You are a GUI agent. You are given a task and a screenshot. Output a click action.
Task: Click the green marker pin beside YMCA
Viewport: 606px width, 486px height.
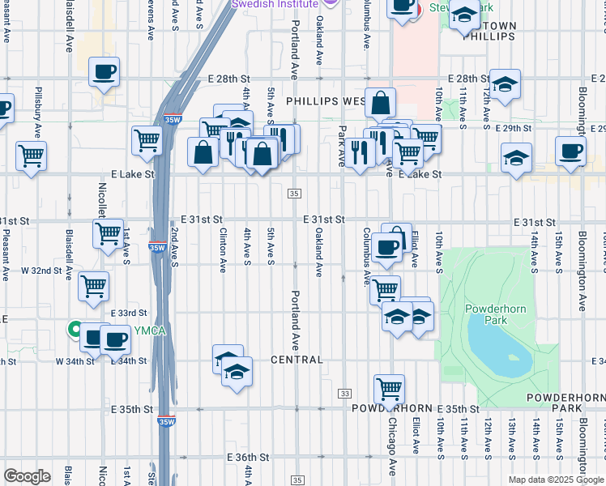coord(74,330)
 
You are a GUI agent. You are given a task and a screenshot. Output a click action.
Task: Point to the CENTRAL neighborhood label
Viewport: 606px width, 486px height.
coord(297,360)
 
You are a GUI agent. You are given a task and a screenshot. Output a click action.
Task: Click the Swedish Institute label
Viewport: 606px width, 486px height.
coord(275,4)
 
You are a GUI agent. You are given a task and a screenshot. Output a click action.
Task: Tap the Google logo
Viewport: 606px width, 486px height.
coord(27,476)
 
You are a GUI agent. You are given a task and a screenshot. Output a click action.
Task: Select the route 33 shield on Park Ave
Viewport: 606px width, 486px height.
coord(344,393)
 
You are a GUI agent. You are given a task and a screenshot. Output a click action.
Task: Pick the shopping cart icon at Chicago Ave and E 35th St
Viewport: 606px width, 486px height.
coord(390,387)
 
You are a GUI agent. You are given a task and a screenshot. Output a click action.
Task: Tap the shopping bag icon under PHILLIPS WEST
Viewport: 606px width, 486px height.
coord(380,103)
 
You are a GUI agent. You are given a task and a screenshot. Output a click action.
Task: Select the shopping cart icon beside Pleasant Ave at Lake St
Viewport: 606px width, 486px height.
coord(32,155)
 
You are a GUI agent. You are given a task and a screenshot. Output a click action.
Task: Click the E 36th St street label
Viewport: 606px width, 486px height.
coord(248,458)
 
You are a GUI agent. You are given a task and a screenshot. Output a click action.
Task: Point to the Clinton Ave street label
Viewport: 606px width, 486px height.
coord(223,249)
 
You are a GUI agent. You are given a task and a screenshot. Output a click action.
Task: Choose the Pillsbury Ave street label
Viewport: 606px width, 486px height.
coord(37,113)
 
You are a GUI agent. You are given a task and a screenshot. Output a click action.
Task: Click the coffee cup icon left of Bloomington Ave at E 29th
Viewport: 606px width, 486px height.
coord(570,151)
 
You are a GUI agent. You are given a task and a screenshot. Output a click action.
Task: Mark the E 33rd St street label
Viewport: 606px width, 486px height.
coord(129,313)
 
